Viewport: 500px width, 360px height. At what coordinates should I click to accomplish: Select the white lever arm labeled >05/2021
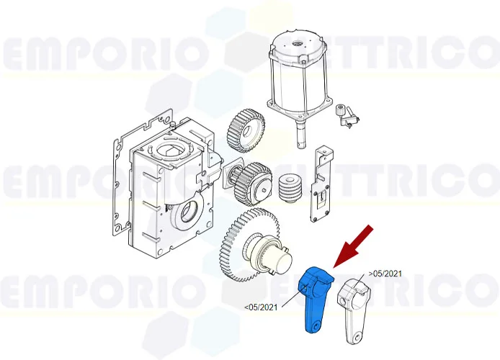[x=357, y=306]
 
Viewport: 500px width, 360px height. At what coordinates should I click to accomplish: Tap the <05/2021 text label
[x=261, y=307]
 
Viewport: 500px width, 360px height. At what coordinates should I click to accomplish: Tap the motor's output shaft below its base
[x=298, y=132]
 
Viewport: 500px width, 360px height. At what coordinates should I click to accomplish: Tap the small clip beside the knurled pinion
[x=350, y=120]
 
